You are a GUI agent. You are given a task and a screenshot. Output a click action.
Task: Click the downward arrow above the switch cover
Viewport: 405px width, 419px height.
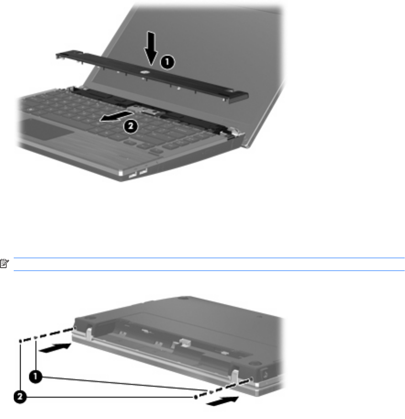151,48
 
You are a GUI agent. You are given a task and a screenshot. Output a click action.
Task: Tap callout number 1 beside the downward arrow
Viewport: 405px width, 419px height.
167,62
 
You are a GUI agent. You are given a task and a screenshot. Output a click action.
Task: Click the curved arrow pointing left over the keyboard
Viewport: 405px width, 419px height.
116,117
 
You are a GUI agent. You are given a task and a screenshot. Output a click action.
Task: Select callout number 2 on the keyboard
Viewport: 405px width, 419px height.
131,126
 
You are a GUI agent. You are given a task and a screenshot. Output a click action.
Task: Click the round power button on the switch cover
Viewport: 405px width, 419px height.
144,72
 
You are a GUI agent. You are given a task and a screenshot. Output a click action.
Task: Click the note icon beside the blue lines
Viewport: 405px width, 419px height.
4,263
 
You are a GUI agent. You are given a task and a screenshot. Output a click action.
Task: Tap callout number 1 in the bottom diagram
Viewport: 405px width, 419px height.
35,377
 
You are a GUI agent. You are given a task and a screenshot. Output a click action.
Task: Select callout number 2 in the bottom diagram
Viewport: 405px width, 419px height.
20,397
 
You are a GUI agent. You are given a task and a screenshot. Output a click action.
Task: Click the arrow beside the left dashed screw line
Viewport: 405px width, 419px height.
55,348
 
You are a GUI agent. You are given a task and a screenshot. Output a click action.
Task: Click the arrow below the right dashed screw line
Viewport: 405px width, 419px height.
223,401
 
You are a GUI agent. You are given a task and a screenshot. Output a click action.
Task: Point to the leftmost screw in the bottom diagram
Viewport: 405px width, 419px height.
21,341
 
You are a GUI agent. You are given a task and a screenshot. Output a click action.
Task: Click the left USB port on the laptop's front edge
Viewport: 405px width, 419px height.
132,175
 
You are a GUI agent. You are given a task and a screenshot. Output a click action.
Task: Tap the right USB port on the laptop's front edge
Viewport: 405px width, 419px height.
143,171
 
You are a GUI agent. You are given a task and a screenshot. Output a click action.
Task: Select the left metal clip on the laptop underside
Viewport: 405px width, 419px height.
89,334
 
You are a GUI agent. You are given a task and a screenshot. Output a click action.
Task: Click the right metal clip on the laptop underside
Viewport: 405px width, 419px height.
234,376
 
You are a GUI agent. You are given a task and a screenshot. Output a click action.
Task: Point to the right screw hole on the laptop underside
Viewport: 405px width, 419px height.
251,379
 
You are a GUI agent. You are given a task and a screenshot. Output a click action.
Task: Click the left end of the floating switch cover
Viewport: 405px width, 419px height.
58,56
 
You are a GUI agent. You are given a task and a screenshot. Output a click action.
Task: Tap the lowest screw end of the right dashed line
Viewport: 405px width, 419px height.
196,398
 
